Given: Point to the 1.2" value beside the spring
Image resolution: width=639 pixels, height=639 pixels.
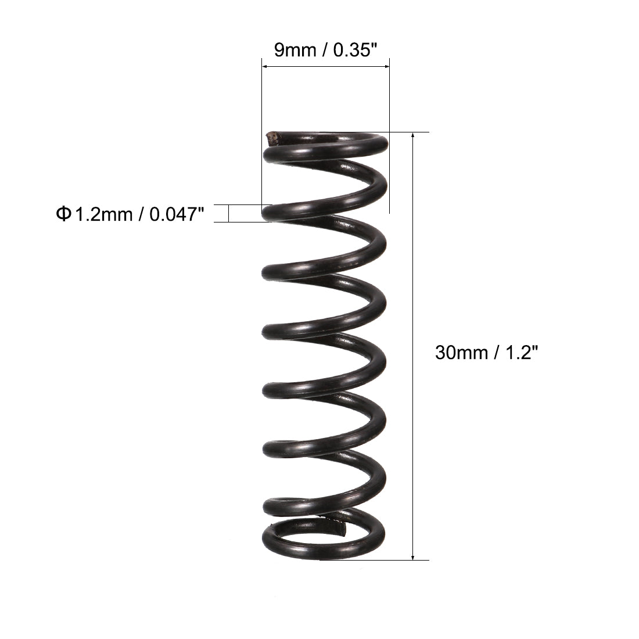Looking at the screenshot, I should click(x=516, y=352).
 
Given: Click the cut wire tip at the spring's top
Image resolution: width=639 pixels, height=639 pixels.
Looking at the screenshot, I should click(x=271, y=138).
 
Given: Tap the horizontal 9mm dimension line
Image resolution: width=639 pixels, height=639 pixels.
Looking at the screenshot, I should click(x=325, y=67).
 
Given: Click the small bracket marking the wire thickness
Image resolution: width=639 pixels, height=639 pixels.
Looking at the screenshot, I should click(x=229, y=213).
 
